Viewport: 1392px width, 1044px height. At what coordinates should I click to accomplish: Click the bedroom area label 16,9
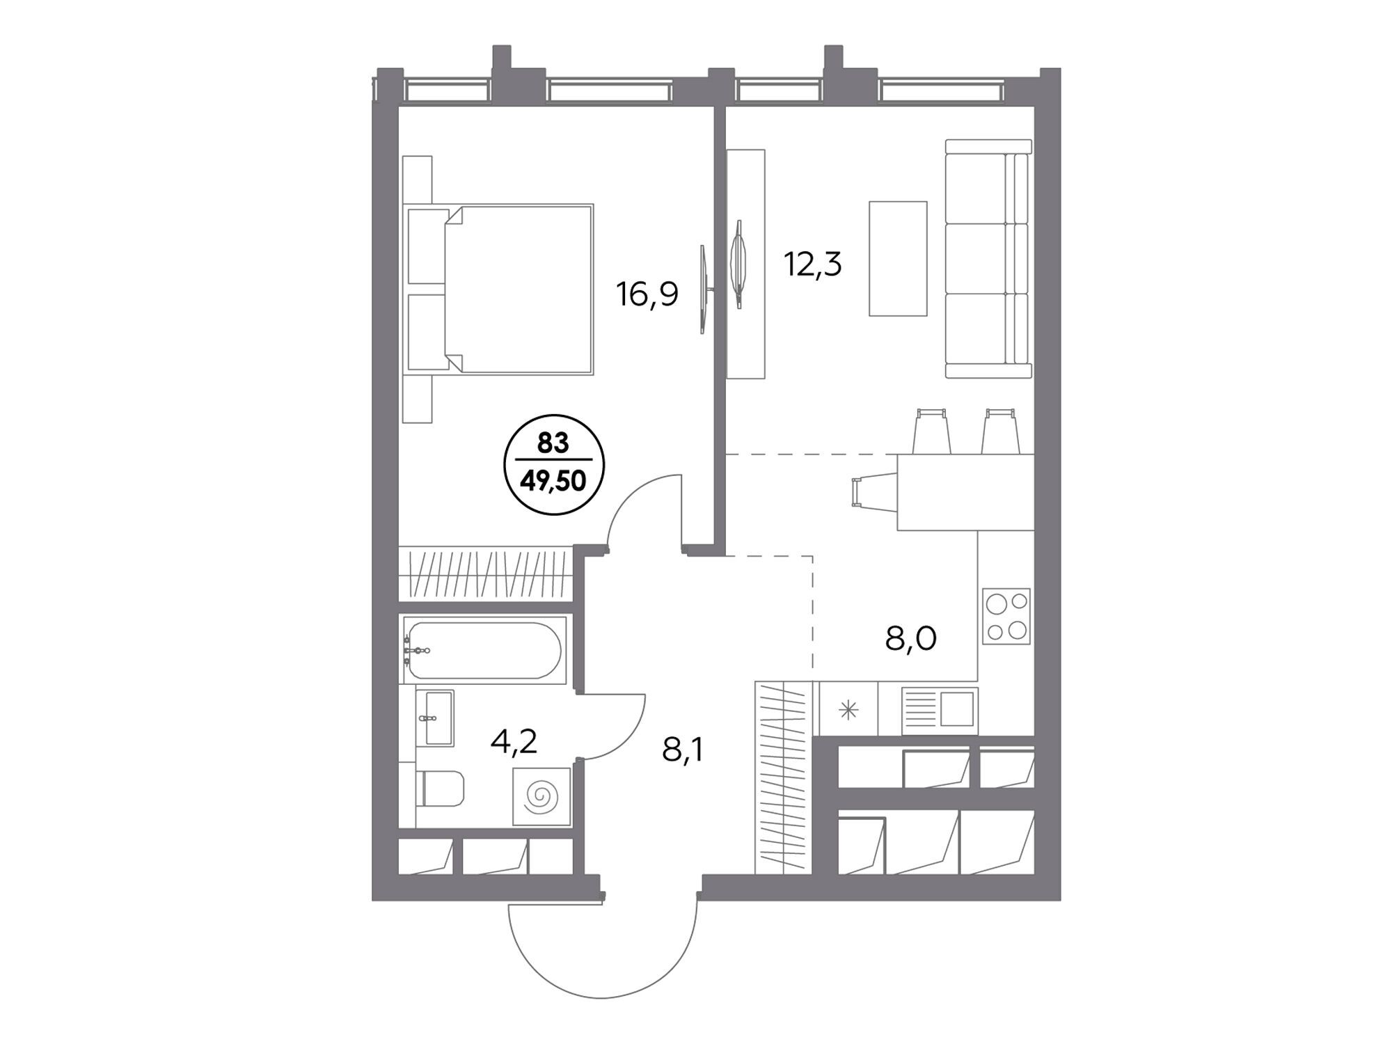(647, 294)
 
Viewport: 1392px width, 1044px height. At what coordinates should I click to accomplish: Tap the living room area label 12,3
(813, 264)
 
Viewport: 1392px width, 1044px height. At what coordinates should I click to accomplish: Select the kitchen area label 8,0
(910, 638)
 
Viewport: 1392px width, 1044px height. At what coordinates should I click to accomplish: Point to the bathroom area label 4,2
(514, 742)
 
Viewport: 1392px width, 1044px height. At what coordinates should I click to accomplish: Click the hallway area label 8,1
(683, 750)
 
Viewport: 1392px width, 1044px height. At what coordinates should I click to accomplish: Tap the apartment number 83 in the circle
(553, 443)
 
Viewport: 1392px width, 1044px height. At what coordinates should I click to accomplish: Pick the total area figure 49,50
(554, 480)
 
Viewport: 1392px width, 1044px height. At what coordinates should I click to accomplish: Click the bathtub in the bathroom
(484, 650)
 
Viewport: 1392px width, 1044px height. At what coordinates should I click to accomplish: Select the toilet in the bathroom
(440, 788)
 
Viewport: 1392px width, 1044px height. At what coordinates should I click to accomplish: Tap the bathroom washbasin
(434, 718)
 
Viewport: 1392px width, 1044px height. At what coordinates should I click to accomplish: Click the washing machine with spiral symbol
(541, 796)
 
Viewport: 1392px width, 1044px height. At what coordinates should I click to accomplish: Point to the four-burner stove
(1006, 616)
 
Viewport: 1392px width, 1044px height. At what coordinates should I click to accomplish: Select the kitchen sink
(940, 711)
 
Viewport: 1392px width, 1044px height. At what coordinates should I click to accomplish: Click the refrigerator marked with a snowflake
(848, 709)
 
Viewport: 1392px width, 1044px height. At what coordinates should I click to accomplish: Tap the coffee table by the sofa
(898, 258)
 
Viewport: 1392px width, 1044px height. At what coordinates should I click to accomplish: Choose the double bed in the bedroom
(500, 290)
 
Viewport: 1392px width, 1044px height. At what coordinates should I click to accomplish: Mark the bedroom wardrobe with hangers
(486, 574)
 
